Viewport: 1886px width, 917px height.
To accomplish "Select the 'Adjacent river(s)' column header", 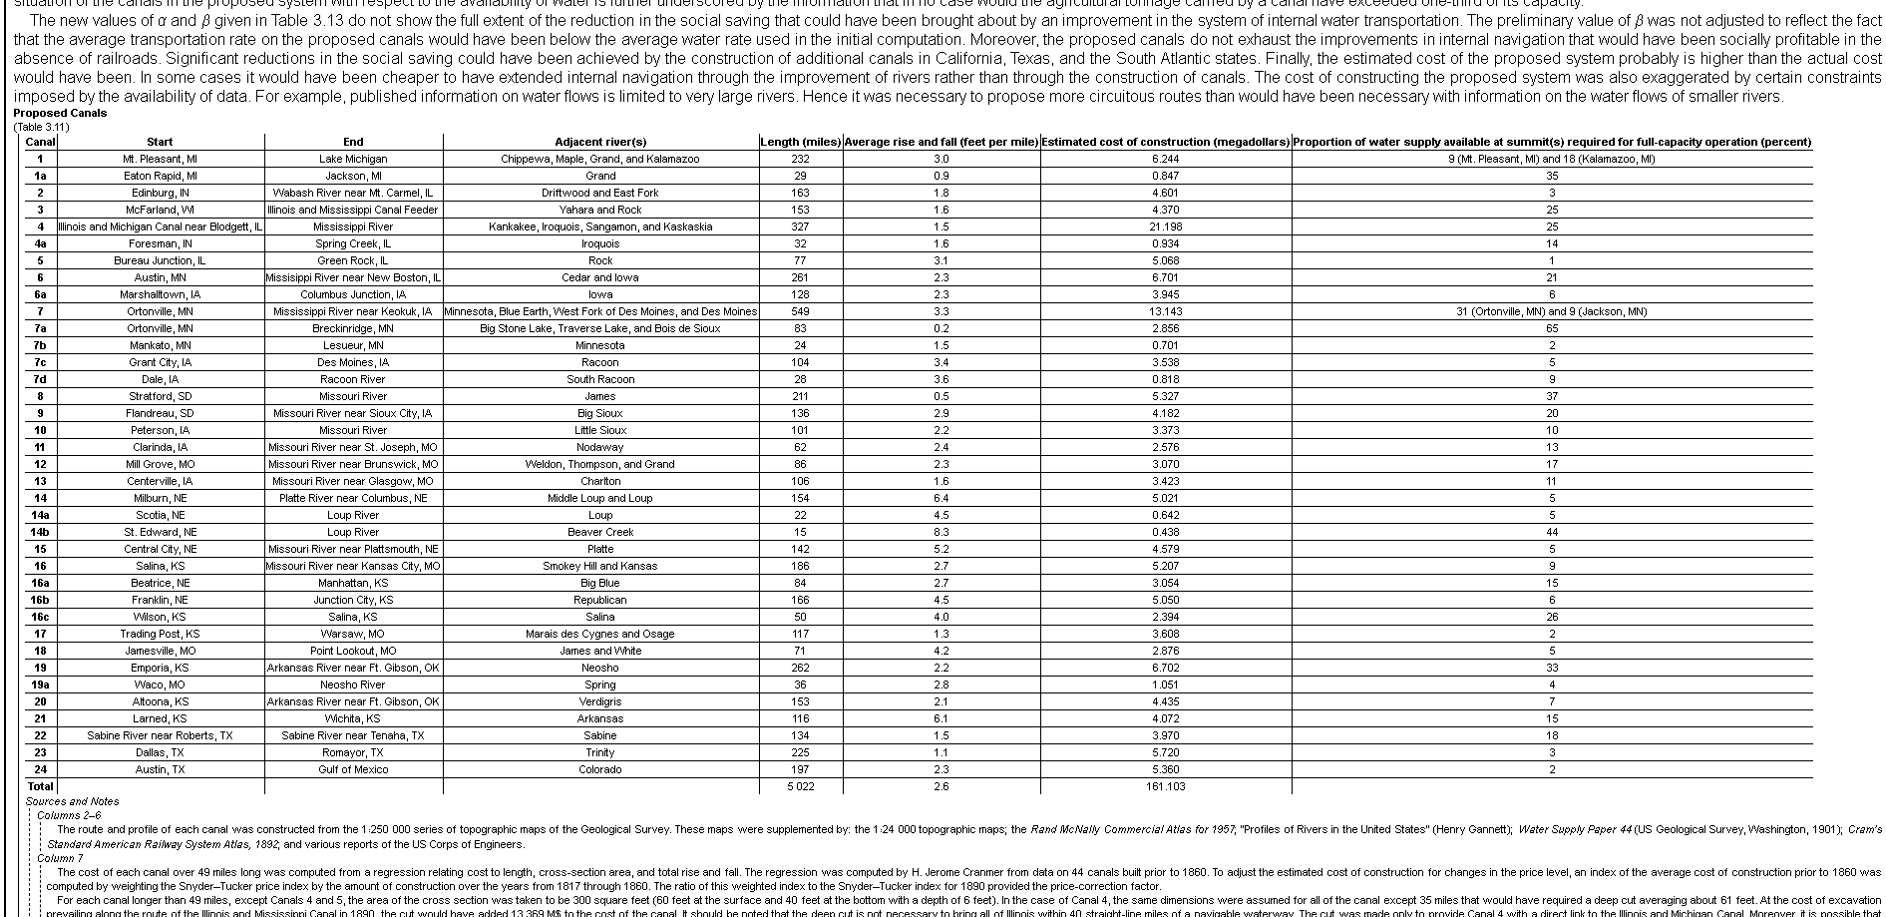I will (x=600, y=142).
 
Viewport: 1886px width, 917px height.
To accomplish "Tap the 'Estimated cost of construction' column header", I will (x=1166, y=142).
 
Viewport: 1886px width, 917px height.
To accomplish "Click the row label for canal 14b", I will (x=40, y=532).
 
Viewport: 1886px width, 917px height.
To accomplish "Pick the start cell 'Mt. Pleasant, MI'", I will (x=161, y=159).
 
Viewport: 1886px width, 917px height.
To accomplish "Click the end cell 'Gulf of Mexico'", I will (x=353, y=769).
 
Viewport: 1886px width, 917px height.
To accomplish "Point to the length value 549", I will (x=800, y=311).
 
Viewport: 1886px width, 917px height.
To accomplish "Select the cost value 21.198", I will (x=1166, y=227).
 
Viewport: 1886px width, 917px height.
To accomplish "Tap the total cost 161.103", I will (x=1166, y=786).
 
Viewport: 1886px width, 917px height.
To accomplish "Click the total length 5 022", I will (x=800, y=786).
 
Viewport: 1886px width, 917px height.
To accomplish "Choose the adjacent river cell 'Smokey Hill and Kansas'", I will (x=600, y=566).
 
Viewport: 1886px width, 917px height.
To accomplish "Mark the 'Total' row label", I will (x=40, y=786).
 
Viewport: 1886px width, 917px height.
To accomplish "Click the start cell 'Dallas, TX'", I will (x=161, y=752).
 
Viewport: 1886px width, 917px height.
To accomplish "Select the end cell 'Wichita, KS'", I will (x=353, y=718).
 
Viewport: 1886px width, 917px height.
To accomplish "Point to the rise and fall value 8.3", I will (x=941, y=532).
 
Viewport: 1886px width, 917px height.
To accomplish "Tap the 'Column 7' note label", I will (x=61, y=858).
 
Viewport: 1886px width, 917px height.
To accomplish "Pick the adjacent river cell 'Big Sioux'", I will (x=600, y=413).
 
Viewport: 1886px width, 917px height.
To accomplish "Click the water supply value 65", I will (x=1552, y=328).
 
